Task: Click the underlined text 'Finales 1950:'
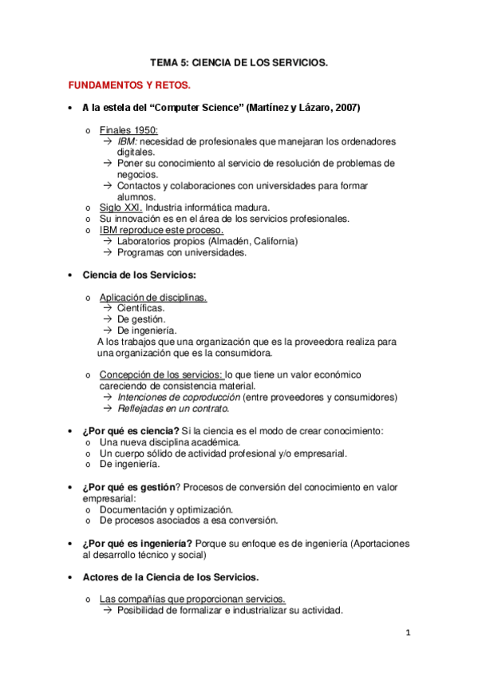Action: pyautogui.click(x=128, y=130)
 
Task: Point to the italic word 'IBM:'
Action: pyautogui.click(x=127, y=141)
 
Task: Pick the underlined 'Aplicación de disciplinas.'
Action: pyautogui.click(x=152, y=297)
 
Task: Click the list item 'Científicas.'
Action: pyautogui.click(x=141, y=308)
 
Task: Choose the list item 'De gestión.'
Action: pyautogui.click(x=141, y=319)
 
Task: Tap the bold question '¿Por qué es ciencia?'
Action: pyautogui.click(x=131, y=430)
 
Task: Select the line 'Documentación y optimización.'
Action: pyautogui.click(x=166, y=509)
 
